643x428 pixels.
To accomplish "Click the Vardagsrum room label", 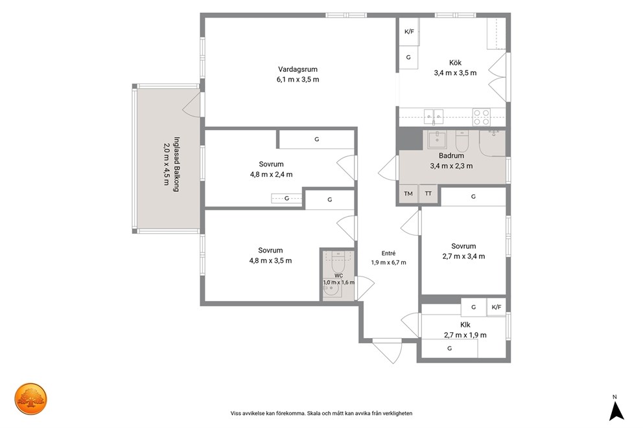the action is coord(298,69).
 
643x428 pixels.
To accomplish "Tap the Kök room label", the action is coord(455,63).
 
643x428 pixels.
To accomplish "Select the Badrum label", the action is coord(451,155).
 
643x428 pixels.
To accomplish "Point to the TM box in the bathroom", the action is coord(408,194).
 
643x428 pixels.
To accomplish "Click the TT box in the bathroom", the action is coord(428,194).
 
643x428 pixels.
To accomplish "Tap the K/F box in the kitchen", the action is coord(409,32).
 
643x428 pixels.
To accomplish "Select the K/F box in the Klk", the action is coord(497,307).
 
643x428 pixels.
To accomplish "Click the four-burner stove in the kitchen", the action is coord(482,117).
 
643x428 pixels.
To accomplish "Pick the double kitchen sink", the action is coord(434,117).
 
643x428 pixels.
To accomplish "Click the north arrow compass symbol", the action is coord(616,411).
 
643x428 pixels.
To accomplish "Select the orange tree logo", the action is coord(31,399).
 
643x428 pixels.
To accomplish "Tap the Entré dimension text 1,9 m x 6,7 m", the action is coord(388,262).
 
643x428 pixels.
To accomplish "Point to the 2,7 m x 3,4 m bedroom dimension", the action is coord(463,256).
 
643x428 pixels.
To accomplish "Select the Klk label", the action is coord(465,325).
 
